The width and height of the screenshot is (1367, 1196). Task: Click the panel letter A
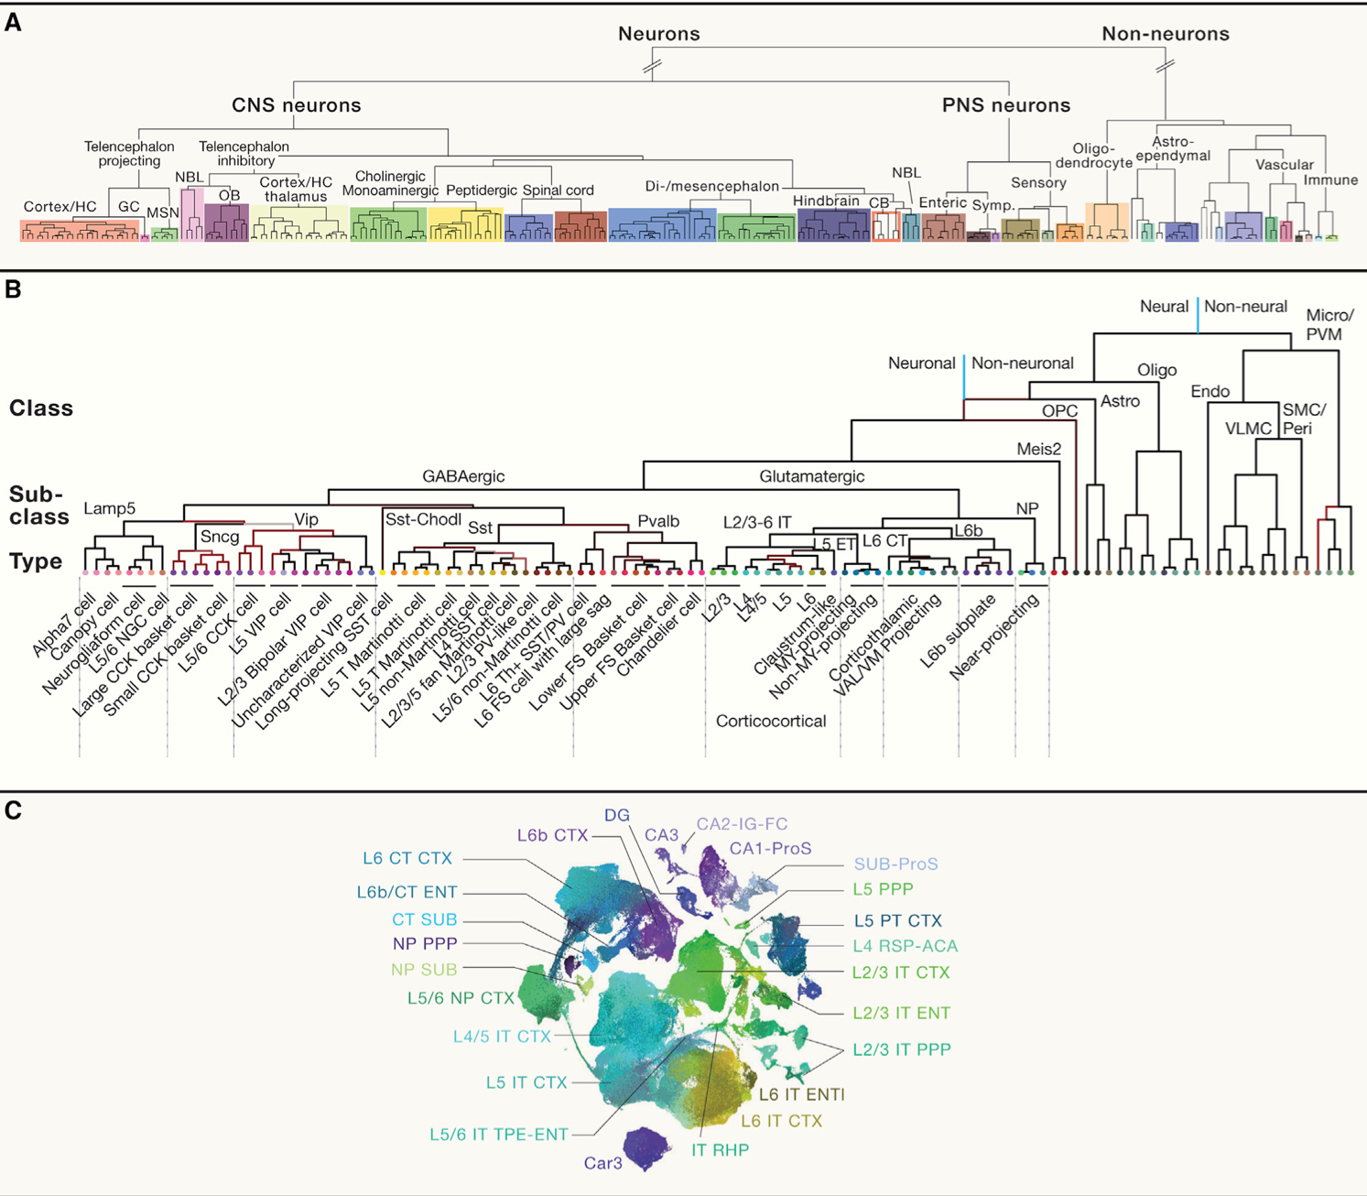pos(13,23)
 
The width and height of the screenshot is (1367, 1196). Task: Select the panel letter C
pos(13,811)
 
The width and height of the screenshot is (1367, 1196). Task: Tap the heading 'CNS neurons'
pos(296,105)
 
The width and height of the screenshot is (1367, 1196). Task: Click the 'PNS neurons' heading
pos(1005,105)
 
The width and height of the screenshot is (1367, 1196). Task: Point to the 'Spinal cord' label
pos(558,190)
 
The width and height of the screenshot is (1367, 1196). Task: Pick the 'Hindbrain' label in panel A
pos(826,201)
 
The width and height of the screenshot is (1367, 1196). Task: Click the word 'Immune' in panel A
pos(1330,180)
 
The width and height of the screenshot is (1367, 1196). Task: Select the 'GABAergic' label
pos(463,476)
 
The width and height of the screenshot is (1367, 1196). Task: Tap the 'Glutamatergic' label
pos(811,476)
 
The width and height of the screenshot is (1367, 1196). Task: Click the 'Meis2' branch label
pos(1039,449)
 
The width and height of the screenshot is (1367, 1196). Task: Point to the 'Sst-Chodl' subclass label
pos(423,520)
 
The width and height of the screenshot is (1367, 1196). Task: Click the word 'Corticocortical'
pos(771,721)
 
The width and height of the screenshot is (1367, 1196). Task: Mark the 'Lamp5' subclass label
pos(109,508)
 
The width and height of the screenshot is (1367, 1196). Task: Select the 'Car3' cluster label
pos(602,1163)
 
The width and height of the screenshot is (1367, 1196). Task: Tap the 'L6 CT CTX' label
pos(407,858)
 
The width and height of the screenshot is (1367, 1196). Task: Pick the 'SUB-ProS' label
pos(895,864)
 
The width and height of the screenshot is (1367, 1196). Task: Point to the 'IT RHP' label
pos(720,1150)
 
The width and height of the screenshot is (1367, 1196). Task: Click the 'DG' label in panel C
pos(617,815)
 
